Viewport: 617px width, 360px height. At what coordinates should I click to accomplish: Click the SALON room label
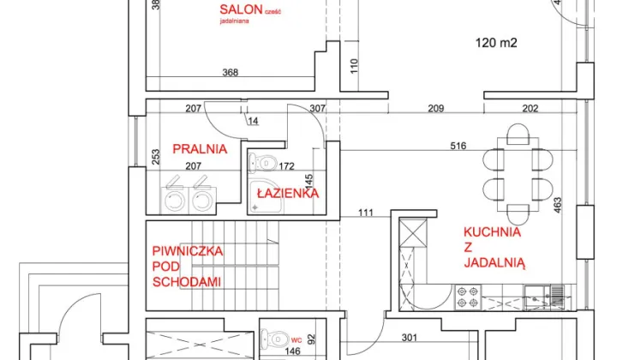point(239,9)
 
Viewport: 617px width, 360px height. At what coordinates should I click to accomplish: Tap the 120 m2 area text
point(497,42)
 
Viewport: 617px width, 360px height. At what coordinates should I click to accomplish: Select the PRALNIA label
point(200,148)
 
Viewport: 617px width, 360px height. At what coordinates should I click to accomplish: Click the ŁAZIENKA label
point(288,194)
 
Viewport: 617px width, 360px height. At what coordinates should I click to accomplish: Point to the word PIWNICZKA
point(188,251)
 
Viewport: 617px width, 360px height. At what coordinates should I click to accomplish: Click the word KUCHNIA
point(492,231)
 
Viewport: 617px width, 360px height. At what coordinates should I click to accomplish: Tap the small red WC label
point(296,338)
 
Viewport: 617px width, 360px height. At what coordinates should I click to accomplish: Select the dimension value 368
point(231,73)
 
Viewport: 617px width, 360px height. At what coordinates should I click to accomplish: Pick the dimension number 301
point(409,337)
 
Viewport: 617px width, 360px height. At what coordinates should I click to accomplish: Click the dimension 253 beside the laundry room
point(155,157)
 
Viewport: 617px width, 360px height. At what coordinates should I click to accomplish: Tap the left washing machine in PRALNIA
point(176,196)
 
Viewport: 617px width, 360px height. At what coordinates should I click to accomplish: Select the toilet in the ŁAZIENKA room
point(264,161)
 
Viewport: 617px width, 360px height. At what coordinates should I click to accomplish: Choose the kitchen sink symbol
point(546,297)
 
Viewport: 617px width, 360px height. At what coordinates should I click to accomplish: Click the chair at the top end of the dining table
point(517,135)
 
